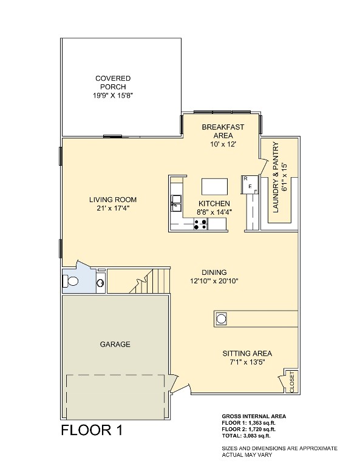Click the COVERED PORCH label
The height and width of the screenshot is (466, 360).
(x=112, y=83)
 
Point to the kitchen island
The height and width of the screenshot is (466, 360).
(x=216, y=185)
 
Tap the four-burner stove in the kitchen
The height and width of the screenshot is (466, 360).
(x=200, y=225)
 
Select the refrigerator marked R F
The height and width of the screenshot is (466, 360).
(x=249, y=184)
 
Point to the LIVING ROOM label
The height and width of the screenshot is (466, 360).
(x=112, y=200)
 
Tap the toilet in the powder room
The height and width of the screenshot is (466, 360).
(x=71, y=281)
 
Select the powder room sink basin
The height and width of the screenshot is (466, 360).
(x=100, y=282)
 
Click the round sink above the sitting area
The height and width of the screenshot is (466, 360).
(x=222, y=318)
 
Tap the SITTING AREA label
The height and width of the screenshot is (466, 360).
(x=246, y=353)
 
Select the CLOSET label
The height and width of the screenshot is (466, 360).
(x=292, y=382)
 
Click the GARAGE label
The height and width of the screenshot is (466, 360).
(x=115, y=344)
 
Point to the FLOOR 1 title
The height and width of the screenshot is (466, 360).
(x=92, y=431)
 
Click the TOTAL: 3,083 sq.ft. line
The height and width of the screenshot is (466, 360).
(x=246, y=436)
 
